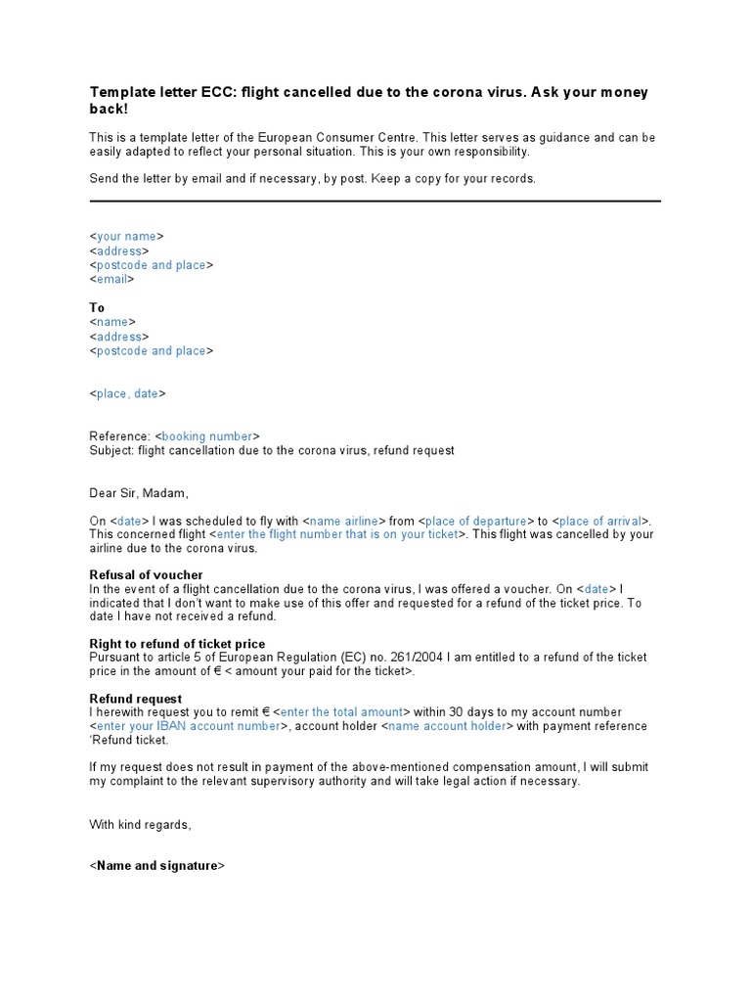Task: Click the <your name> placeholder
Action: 126,237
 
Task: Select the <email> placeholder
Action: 111,279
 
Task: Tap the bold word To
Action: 97,307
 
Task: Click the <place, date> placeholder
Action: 127,393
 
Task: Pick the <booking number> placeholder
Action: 207,436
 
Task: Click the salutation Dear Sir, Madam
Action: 139,493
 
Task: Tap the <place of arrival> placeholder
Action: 601,521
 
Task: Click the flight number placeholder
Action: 336,534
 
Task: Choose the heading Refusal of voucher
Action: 147,575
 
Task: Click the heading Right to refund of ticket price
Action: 177,644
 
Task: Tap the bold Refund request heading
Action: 136,699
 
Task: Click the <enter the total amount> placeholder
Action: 341,712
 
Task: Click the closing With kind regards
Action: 141,825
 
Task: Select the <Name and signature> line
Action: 156,866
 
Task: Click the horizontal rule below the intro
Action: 375,202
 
